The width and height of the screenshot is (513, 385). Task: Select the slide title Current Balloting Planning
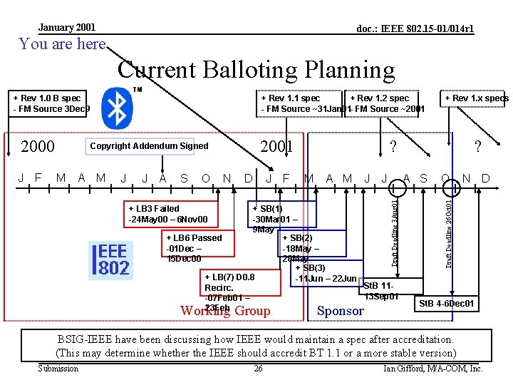pyautogui.click(x=256, y=70)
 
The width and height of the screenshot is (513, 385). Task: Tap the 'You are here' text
pyautogui.click(x=63, y=44)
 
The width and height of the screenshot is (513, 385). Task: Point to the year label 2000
pyautogui.click(x=38, y=147)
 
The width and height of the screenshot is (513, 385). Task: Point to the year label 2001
pyautogui.click(x=276, y=147)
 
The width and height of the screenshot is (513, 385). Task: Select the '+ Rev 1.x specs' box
pyautogui.click(x=476, y=98)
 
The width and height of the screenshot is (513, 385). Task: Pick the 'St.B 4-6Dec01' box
pyautogui.click(x=447, y=304)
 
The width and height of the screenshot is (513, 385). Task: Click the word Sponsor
pyautogui.click(x=340, y=310)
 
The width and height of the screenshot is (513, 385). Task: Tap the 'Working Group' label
pyautogui.click(x=225, y=311)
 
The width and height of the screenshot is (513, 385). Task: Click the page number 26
pyautogui.click(x=258, y=369)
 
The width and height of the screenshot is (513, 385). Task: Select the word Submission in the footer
pyautogui.click(x=58, y=369)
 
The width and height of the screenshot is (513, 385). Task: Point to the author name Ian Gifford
pyautogui.click(x=432, y=369)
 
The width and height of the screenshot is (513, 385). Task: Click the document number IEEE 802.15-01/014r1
pyautogui.click(x=415, y=29)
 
